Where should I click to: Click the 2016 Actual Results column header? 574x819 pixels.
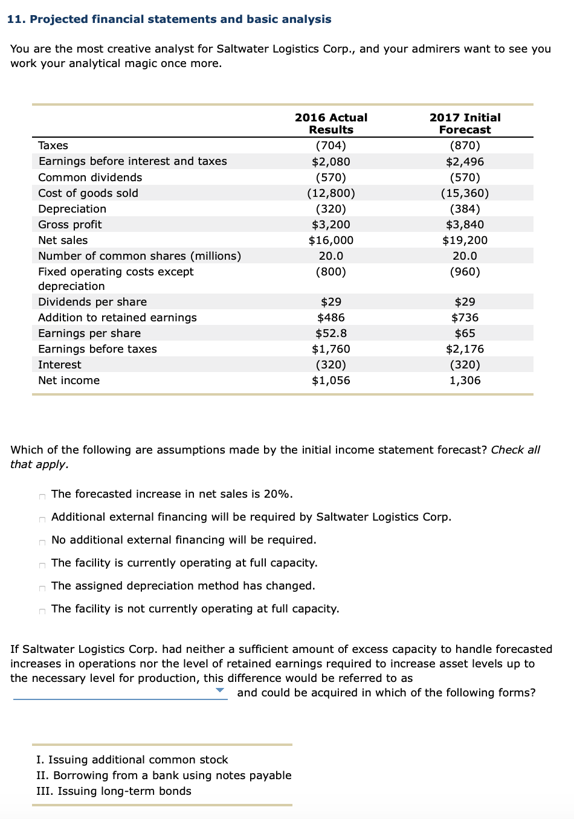point(331,123)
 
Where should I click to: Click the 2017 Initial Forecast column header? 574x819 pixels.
point(465,123)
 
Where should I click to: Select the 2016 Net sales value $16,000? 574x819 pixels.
point(331,240)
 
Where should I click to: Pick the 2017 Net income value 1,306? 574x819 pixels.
point(465,381)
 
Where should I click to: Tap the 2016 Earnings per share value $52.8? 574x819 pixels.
point(331,333)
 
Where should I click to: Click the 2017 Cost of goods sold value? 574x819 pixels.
point(465,193)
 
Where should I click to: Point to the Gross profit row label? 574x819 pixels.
point(70,225)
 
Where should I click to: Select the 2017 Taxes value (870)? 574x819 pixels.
point(465,146)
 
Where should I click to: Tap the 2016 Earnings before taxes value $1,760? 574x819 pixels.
point(331,349)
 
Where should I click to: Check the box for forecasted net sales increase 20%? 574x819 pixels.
point(42,496)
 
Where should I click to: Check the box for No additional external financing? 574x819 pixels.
point(42,542)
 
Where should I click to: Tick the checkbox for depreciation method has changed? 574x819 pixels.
point(42,588)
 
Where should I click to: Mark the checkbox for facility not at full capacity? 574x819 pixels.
point(42,611)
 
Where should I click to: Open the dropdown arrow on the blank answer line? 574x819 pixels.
point(220,690)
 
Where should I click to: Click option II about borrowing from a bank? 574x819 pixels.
point(164,776)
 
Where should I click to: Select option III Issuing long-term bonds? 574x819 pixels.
point(114,791)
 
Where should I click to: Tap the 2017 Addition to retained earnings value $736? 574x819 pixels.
point(465,318)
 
